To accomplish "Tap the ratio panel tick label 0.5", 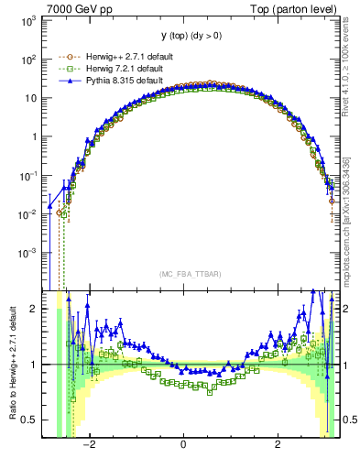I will click(x=28, y=420).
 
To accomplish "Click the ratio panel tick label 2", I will click(x=33, y=309).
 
